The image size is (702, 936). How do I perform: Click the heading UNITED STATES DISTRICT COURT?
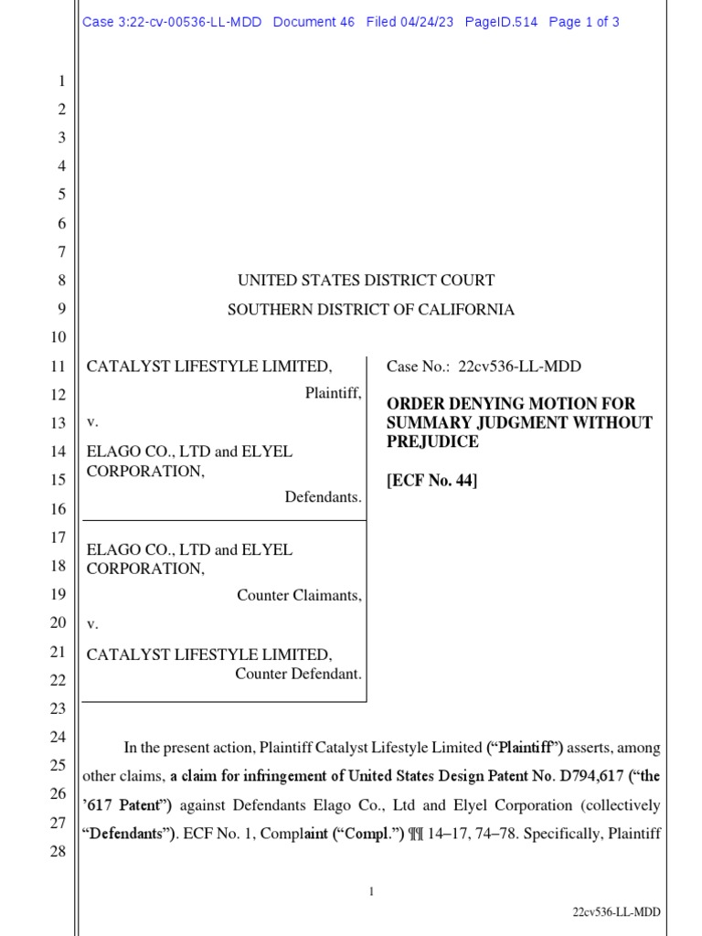pyautogui.click(x=367, y=281)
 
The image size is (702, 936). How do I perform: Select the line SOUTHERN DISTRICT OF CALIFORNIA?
pyautogui.click(x=370, y=310)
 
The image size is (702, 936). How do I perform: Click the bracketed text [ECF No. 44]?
pyautogui.click(x=432, y=480)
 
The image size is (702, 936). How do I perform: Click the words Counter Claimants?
pyautogui.click(x=299, y=595)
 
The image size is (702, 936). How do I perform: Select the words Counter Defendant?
pyautogui.click(x=298, y=674)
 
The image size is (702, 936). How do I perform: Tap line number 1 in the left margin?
pyautogui.click(x=62, y=81)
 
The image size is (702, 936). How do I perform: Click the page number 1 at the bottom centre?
pyautogui.click(x=372, y=891)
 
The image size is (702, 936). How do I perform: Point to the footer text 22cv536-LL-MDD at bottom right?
pyautogui.click(x=616, y=911)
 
